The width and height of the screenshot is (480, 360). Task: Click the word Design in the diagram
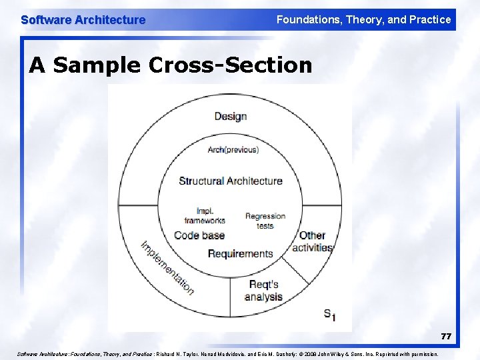231,117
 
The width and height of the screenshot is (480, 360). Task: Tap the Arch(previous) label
233,149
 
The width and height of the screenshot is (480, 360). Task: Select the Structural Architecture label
231,181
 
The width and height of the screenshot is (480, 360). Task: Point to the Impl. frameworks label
205,216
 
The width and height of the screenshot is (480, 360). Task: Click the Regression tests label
265,221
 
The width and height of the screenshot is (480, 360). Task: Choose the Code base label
199,235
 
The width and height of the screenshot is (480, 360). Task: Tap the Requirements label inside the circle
240,253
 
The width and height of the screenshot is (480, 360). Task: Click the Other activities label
312,241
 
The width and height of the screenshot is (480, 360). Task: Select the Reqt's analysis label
263,291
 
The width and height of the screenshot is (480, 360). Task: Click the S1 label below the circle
329,314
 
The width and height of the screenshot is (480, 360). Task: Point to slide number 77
445,337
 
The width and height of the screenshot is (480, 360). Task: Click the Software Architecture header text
83,20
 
